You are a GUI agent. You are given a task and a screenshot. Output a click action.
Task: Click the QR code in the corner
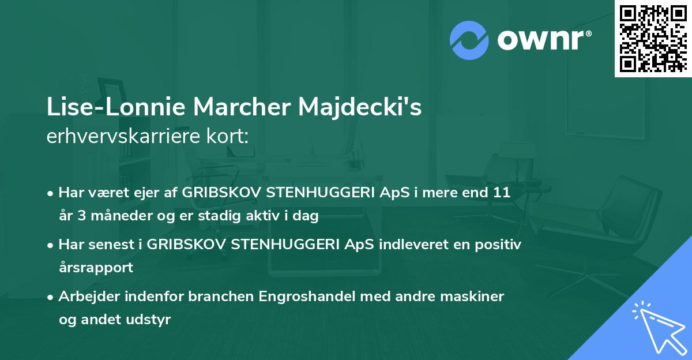pyautogui.click(x=653, y=38)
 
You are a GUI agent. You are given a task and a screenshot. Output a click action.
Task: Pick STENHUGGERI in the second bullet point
pyautogui.click(x=273, y=244)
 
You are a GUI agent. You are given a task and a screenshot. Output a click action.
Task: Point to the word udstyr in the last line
pyautogui.click(x=151, y=320)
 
